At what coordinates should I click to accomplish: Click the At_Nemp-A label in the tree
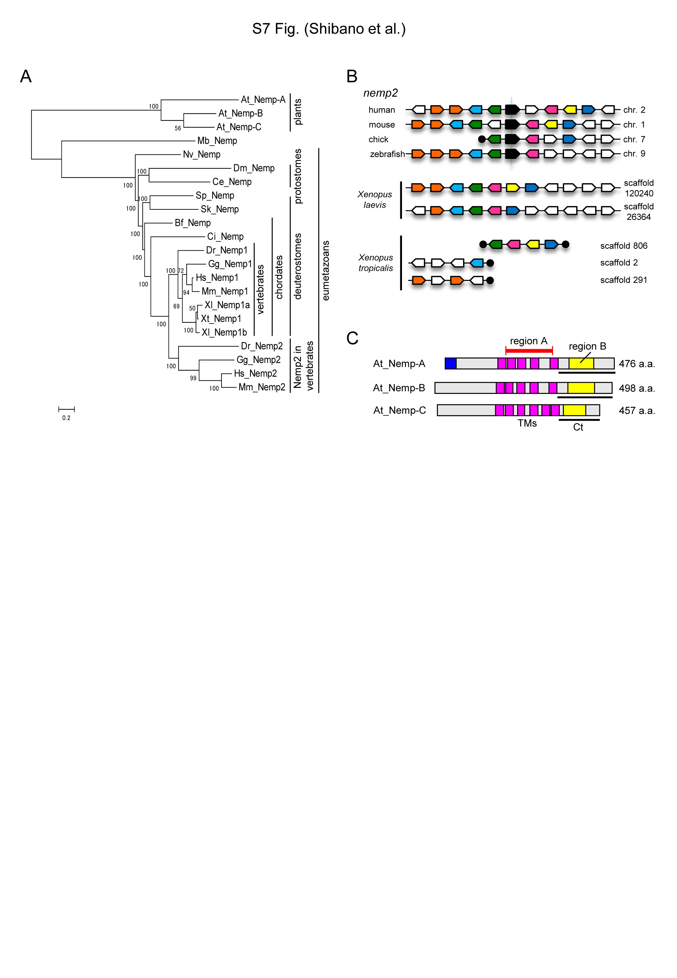(263, 100)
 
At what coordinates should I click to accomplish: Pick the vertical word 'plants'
(298, 112)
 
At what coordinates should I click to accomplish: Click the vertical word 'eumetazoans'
(326, 271)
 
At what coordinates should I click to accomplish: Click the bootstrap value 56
(178, 128)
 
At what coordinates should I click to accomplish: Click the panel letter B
(352, 76)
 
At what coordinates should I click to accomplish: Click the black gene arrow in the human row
(512, 110)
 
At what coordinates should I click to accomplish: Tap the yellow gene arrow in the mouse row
(551, 124)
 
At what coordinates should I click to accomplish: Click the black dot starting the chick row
(481, 139)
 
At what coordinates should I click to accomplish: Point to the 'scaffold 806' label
(623, 246)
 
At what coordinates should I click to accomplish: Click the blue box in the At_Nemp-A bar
(450, 364)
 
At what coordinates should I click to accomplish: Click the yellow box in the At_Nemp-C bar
(574, 410)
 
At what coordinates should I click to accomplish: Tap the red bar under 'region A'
(529, 350)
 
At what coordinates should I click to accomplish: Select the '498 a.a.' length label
(637, 388)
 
